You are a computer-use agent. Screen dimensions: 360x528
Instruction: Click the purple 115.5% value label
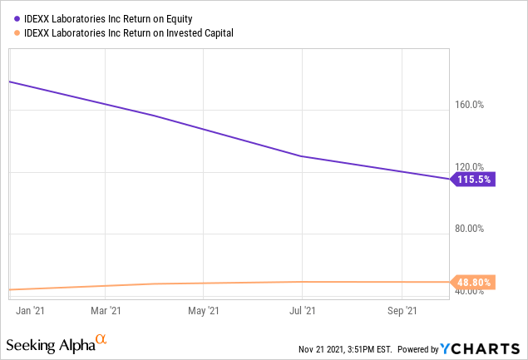[475, 179]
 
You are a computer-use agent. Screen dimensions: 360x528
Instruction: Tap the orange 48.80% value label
[475, 283]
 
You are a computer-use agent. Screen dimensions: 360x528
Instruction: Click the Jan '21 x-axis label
[32, 311]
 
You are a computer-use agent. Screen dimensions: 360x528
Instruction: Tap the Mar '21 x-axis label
[106, 311]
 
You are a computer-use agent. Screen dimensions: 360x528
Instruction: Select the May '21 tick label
[204, 311]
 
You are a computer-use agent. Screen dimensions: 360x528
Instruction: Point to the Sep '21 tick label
[402, 311]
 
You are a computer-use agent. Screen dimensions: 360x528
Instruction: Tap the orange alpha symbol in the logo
[101, 340]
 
